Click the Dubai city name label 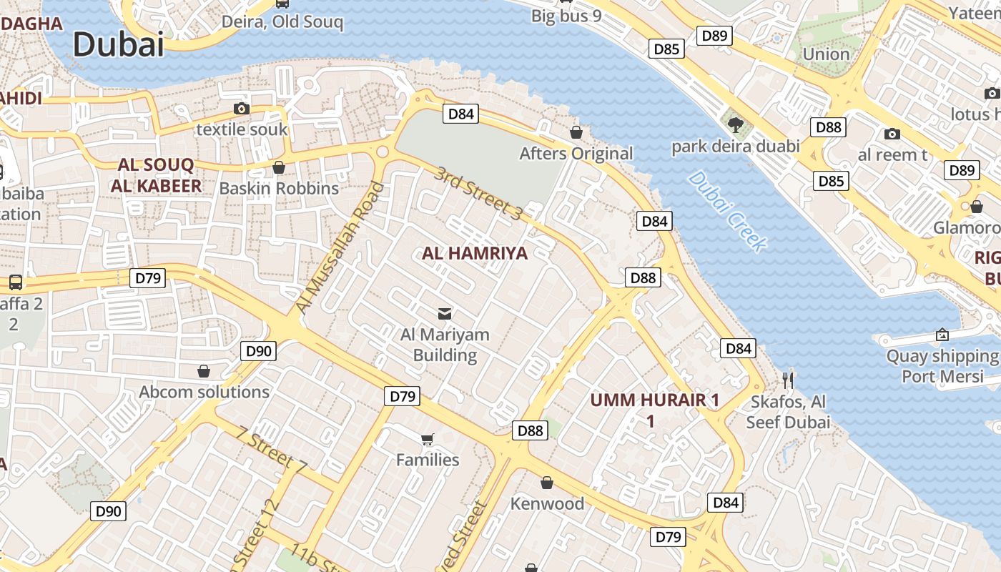[x=119, y=44]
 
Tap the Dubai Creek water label [x=727, y=211]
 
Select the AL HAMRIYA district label [x=475, y=253]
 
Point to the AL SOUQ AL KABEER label [x=156, y=176]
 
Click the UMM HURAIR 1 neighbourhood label [x=654, y=400]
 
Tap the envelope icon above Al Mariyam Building [x=445, y=312]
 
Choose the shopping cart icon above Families [x=427, y=438]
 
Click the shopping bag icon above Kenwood [x=547, y=483]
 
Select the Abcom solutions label [x=204, y=392]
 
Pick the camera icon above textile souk [x=242, y=109]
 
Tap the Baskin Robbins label [x=279, y=188]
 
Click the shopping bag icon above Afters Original [x=576, y=132]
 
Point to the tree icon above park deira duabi [x=734, y=125]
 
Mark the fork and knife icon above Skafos [x=788, y=380]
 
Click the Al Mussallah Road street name [x=340, y=247]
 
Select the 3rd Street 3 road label [x=479, y=192]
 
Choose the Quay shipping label [x=942, y=356]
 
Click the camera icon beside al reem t [x=892, y=134]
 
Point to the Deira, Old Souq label [x=282, y=21]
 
